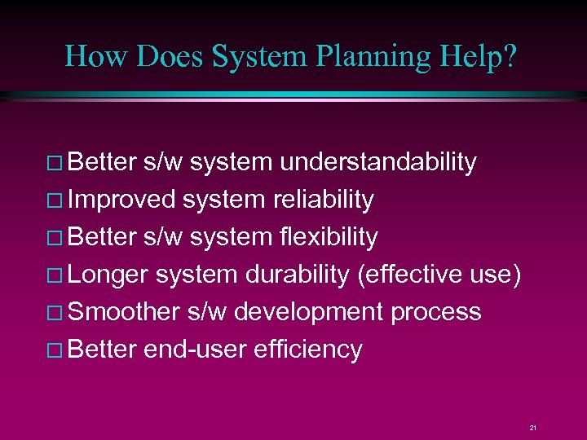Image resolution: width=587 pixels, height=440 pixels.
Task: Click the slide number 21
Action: [532, 427]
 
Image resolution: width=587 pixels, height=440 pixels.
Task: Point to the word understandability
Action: [377, 162]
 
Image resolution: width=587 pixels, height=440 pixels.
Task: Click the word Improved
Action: [122, 200]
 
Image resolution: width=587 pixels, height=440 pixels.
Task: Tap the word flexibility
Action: [329, 237]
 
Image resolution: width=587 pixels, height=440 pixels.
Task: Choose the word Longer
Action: [108, 275]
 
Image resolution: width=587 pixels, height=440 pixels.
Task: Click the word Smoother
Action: [124, 312]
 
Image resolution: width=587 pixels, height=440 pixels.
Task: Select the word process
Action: [437, 312]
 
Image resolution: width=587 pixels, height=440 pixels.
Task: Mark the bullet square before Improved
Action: [58, 200]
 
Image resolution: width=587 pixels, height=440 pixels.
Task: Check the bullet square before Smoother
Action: [58, 313]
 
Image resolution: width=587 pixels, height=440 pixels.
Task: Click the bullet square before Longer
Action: [58, 275]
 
